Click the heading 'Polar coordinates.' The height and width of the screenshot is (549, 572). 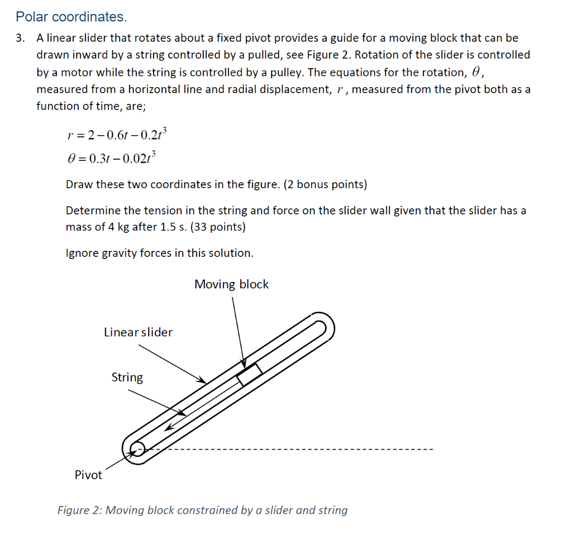71,17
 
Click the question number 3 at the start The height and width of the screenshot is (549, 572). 20,39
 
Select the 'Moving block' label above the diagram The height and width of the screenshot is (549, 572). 231,284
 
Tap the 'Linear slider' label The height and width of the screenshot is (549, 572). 138,332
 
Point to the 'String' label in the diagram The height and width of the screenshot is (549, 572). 127,378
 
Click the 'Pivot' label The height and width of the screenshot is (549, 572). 88,475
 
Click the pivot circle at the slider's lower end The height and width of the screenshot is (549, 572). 136,448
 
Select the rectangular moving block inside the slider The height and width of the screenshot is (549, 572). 249,374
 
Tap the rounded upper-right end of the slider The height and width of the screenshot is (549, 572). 324,326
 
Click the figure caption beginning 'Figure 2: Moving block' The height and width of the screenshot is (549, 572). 202,510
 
